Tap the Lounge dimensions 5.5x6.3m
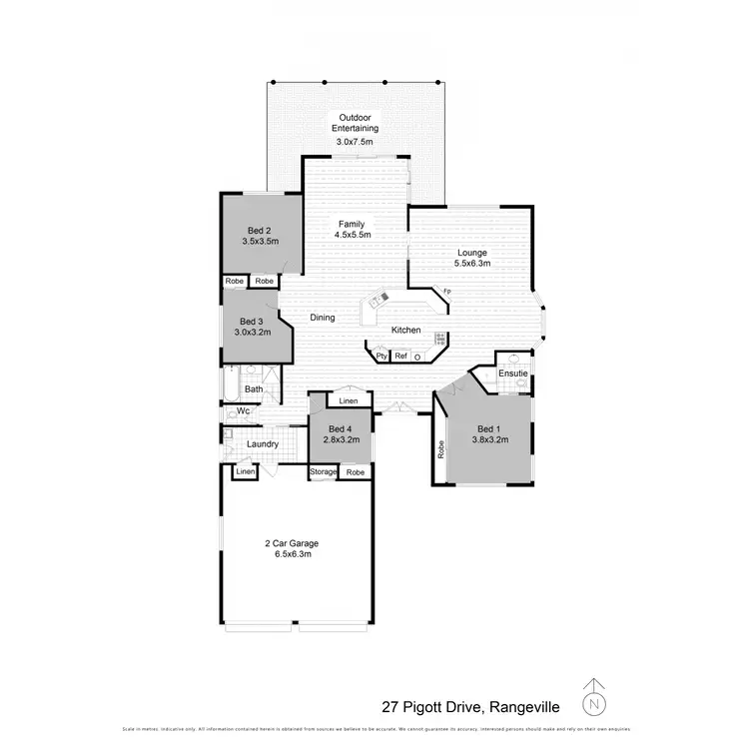[471, 265]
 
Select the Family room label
[352, 223]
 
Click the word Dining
[322, 318]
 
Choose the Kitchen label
[405, 331]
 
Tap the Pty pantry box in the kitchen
[380, 356]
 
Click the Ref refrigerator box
[400, 356]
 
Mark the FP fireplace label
[446, 292]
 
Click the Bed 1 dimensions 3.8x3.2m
[489, 440]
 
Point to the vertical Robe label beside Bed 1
[440, 449]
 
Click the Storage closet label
[323, 471]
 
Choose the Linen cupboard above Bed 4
[348, 401]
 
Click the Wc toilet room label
[243, 410]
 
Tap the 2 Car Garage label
[292, 543]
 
